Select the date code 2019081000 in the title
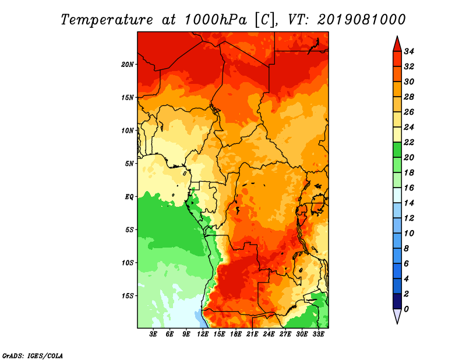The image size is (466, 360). tap(361, 19)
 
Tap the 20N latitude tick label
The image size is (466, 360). tap(128, 64)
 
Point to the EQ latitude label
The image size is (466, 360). tap(129, 196)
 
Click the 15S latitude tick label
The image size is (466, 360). tap(128, 295)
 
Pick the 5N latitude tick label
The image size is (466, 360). tap(129, 163)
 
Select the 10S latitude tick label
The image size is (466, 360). tap(128, 262)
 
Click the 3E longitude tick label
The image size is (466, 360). tap(153, 335)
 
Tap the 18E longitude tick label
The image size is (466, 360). tap(236, 335)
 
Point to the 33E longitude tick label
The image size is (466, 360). tap(319, 335)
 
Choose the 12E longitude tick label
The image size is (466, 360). tap(203, 335)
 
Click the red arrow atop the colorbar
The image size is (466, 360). tap(396, 44)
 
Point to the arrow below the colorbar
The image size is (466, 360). tap(396, 316)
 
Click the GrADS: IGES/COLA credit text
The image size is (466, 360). tap(32, 355)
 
